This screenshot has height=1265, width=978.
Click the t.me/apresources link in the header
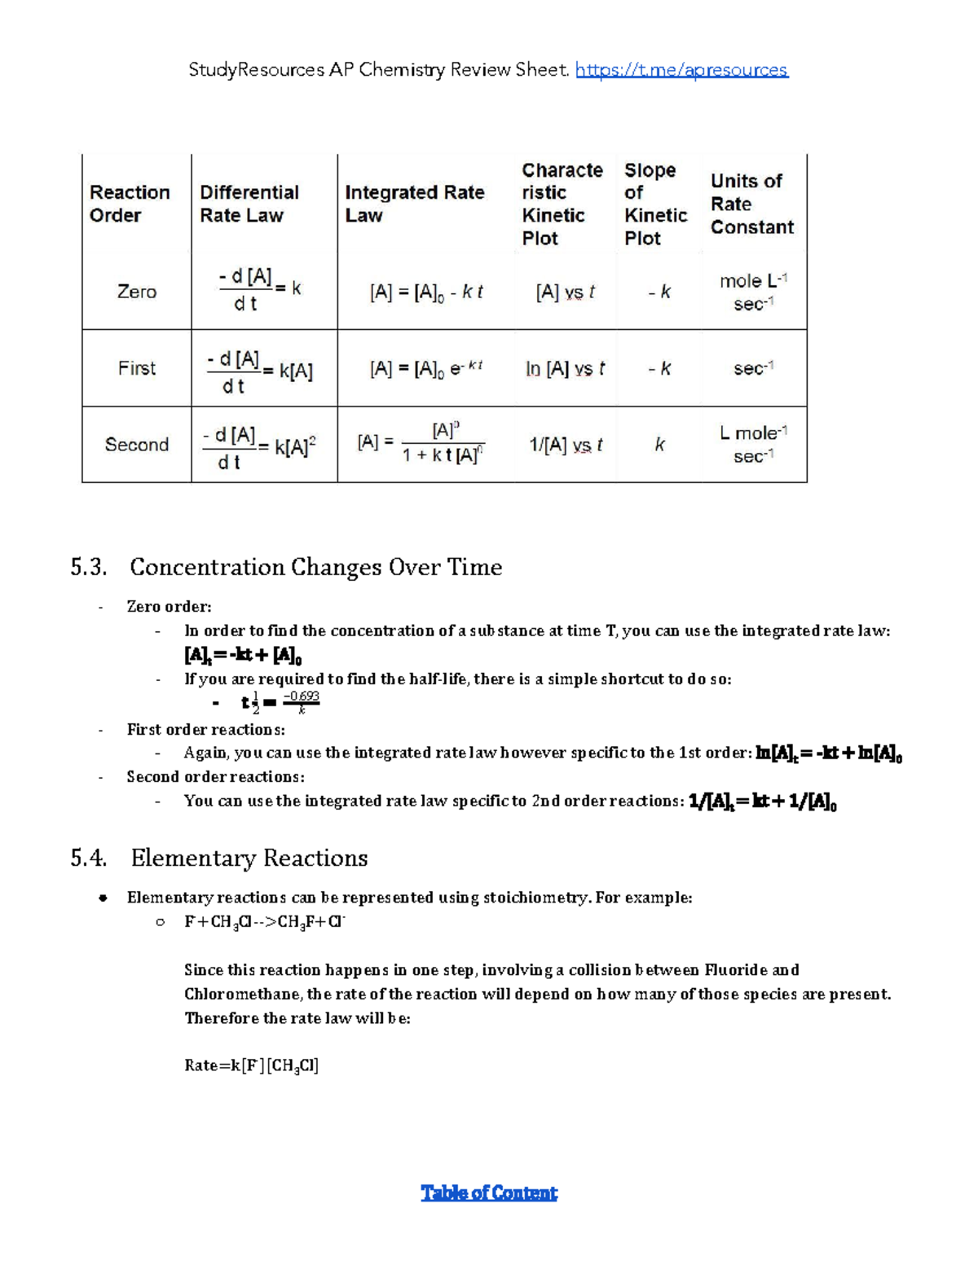pos(681,70)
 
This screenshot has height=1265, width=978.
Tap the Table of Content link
pos(489,1193)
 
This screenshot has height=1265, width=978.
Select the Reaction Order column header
pos(130,204)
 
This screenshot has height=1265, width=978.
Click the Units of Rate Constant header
pos(751,204)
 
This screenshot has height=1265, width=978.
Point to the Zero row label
pos(136,292)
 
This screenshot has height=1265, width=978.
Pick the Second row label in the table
pos(136,445)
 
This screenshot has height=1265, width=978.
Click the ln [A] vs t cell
pos(565,369)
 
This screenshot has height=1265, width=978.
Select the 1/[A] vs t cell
pos(566,445)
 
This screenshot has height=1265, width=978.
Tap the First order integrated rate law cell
pos(426,369)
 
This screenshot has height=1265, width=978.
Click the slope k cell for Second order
pos(659,445)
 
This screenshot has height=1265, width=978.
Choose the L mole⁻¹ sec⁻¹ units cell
pos(753,445)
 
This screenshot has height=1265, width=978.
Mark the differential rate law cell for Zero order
pos(260,290)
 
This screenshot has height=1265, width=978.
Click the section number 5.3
pos(88,567)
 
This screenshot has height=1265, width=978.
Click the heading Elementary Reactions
pos(249,858)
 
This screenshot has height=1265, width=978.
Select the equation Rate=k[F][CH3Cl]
pos(251,1065)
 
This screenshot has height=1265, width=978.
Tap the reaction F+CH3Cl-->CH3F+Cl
pos(265,922)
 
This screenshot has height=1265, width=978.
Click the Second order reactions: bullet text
pos(215,776)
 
